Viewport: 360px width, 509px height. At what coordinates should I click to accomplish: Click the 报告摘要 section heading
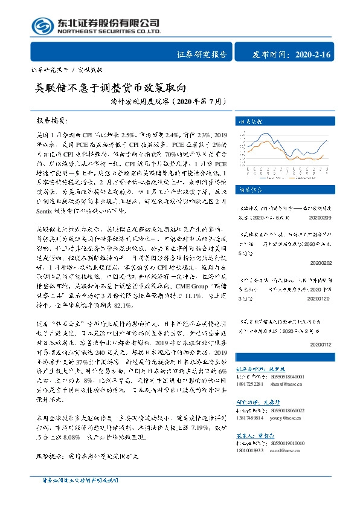[x=53, y=120]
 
